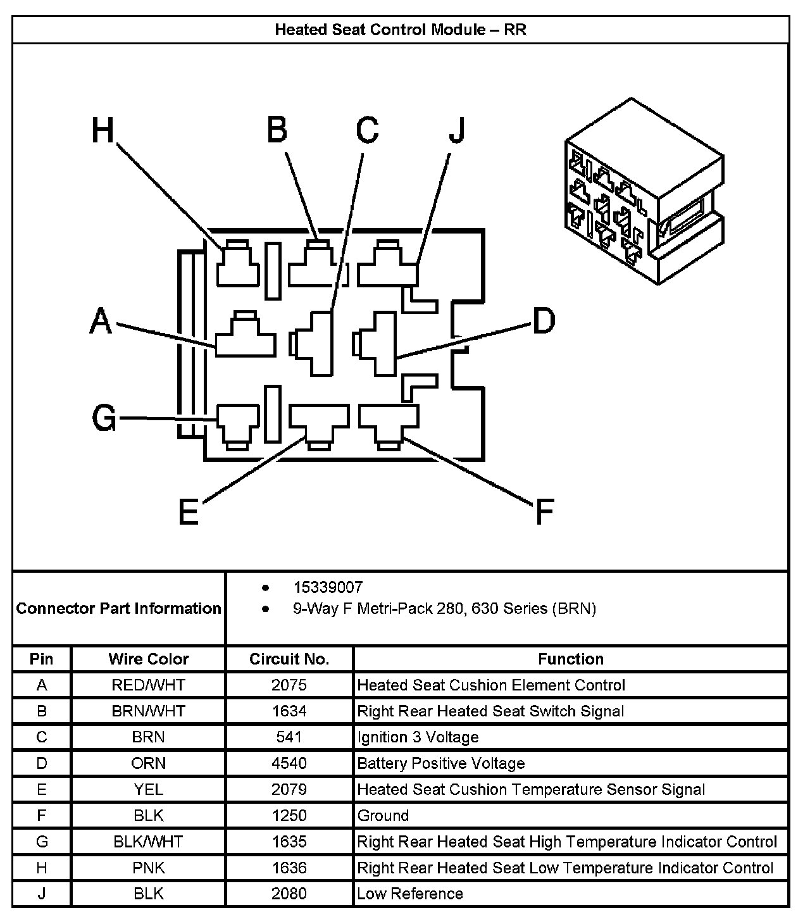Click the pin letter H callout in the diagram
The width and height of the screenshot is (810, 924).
[103, 132]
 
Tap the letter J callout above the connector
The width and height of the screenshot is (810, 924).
[458, 131]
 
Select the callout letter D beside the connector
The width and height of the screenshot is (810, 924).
[544, 321]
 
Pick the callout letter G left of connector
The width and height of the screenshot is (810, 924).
[104, 418]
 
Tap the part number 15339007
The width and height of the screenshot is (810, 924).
[328, 587]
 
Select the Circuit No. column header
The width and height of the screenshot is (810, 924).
[289, 659]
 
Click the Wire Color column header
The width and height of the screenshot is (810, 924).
[149, 659]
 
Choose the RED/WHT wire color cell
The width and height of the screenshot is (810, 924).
[149, 685]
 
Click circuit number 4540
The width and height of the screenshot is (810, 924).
[289, 763]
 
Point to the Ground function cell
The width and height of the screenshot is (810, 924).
[383, 815]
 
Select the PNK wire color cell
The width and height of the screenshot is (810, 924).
[149, 868]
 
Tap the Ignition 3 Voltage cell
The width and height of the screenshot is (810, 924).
[418, 737]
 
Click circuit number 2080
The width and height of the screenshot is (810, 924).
[289, 894]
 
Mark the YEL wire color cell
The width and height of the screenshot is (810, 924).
[149, 789]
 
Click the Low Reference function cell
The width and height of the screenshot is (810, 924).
[410, 894]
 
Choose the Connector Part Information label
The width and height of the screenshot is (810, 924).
[119, 608]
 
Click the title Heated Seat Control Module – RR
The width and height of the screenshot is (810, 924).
[401, 30]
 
